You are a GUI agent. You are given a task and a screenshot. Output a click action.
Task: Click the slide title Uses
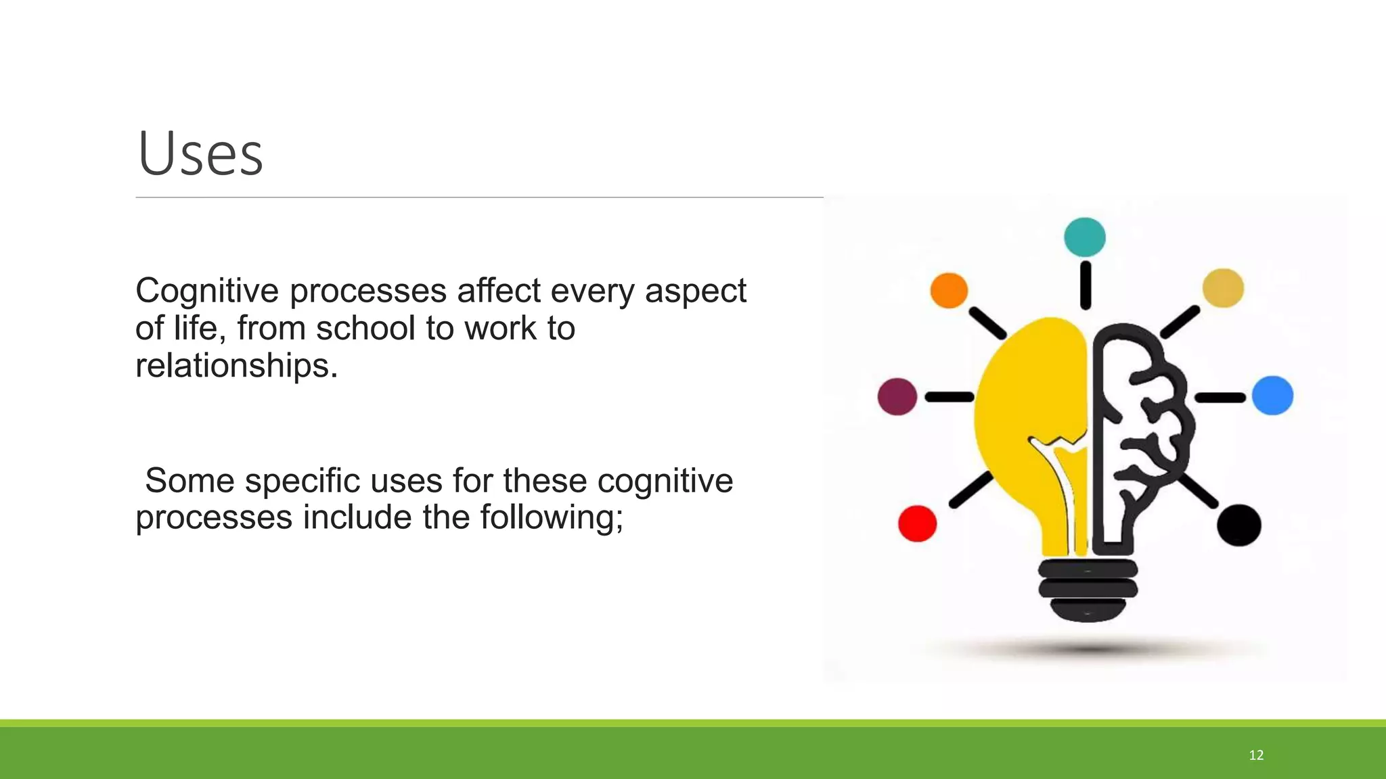(200, 154)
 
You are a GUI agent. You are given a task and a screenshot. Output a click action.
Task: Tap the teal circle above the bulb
(1084, 237)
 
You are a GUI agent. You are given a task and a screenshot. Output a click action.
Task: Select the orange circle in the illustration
(949, 291)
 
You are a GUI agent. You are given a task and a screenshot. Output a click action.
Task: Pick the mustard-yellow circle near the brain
(1222, 288)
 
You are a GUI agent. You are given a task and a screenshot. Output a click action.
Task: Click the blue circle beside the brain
(1272, 396)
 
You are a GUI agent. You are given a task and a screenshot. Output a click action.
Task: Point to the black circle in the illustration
(1238, 525)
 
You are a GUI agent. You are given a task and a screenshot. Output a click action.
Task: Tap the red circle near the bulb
(917, 523)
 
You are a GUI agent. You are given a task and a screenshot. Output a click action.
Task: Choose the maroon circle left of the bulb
(897, 396)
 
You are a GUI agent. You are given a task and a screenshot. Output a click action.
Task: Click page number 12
(1256, 755)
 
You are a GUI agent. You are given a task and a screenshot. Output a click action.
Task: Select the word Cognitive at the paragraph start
(206, 291)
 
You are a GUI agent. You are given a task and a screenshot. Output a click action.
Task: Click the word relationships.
(236, 366)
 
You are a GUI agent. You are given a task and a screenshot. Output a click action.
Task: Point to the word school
(365, 329)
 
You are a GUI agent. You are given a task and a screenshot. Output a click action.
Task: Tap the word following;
(551, 518)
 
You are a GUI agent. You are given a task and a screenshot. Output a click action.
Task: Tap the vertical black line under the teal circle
(1086, 285)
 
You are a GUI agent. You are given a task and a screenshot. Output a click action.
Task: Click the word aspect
(695, 291)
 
